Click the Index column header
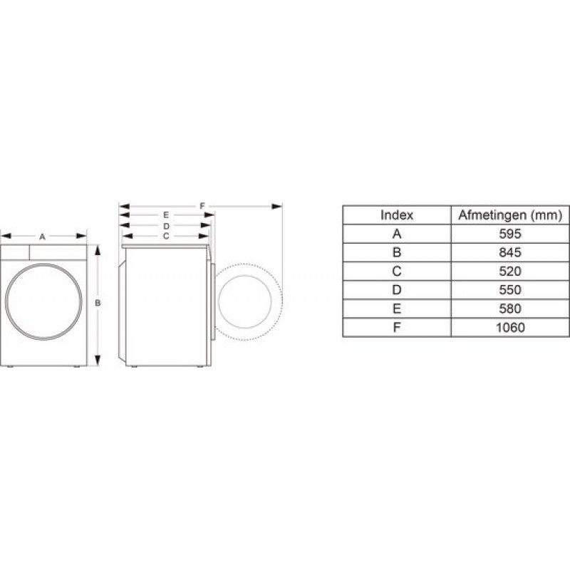tap(396, 214)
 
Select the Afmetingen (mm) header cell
tap(510, 214)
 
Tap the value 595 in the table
tap(510, 234)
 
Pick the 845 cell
tap(510, 252)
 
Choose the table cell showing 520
tap(510, 271)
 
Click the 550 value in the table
tap(510, 290)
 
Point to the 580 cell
tap(510, 309)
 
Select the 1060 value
tap(510, 328)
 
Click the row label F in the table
tap(396, 328)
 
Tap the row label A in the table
tap(396, 234)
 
